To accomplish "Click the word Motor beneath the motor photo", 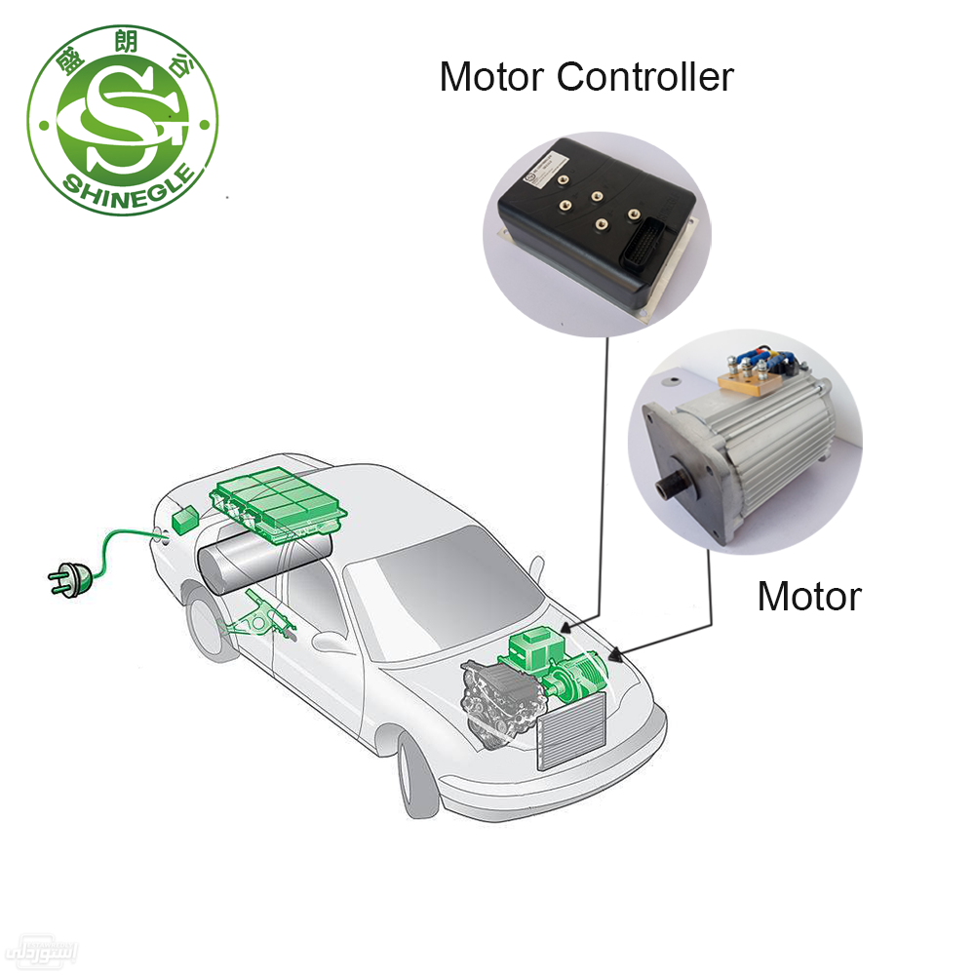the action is pyautogui.click(x=809, y=597).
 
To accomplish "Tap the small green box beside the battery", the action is pyautogui.click(x=184, y=520).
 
